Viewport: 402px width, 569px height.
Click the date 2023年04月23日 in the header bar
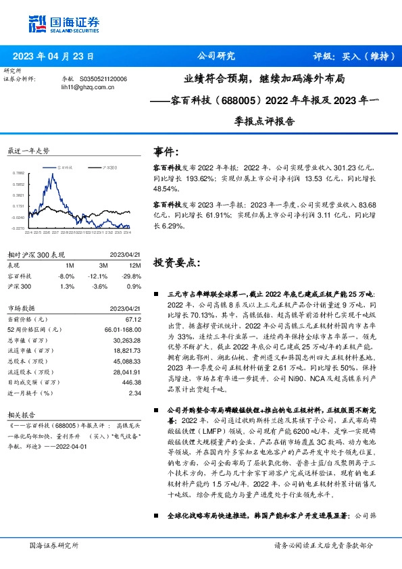53,57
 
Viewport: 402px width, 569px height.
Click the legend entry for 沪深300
109,166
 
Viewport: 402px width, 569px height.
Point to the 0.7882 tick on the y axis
18,173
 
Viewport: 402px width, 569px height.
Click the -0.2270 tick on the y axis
18,228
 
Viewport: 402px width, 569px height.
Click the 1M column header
66,266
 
